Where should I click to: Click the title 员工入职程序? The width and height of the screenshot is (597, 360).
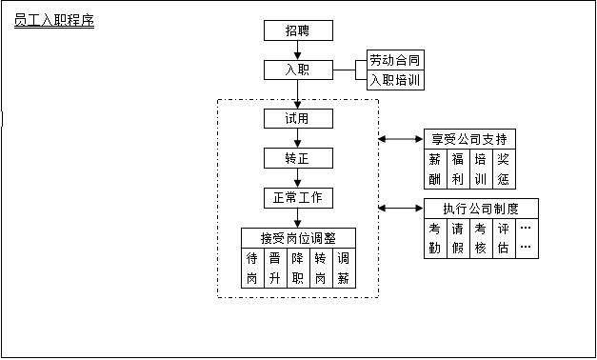(54, 20)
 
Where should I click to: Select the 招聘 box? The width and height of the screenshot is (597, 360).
(298, 30)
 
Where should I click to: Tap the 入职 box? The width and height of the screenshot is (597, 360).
(298, 70)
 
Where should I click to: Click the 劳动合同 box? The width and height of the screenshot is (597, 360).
(395, 61)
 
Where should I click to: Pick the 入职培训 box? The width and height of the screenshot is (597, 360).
(395, 81)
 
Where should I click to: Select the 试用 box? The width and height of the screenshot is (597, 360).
(298, 119)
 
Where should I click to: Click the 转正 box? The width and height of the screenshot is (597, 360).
(298, 158)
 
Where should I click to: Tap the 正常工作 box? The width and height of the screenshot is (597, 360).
(298, 198)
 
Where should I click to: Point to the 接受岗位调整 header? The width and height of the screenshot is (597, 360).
(298, 238)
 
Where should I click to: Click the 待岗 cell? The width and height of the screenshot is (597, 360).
(252, 268)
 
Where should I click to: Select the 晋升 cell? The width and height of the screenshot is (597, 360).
(275, 268)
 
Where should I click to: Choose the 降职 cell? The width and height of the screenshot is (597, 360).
(298, 268)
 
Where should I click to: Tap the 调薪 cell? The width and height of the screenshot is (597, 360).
(344, 268)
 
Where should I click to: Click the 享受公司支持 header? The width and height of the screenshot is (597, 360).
(470, 138)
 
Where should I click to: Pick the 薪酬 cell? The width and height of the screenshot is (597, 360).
(435, 168)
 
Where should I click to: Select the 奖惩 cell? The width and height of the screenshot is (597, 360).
(504, 168)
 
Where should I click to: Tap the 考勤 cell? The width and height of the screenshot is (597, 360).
(435, 238)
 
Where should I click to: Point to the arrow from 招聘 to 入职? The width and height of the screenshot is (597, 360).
(298, 50)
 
